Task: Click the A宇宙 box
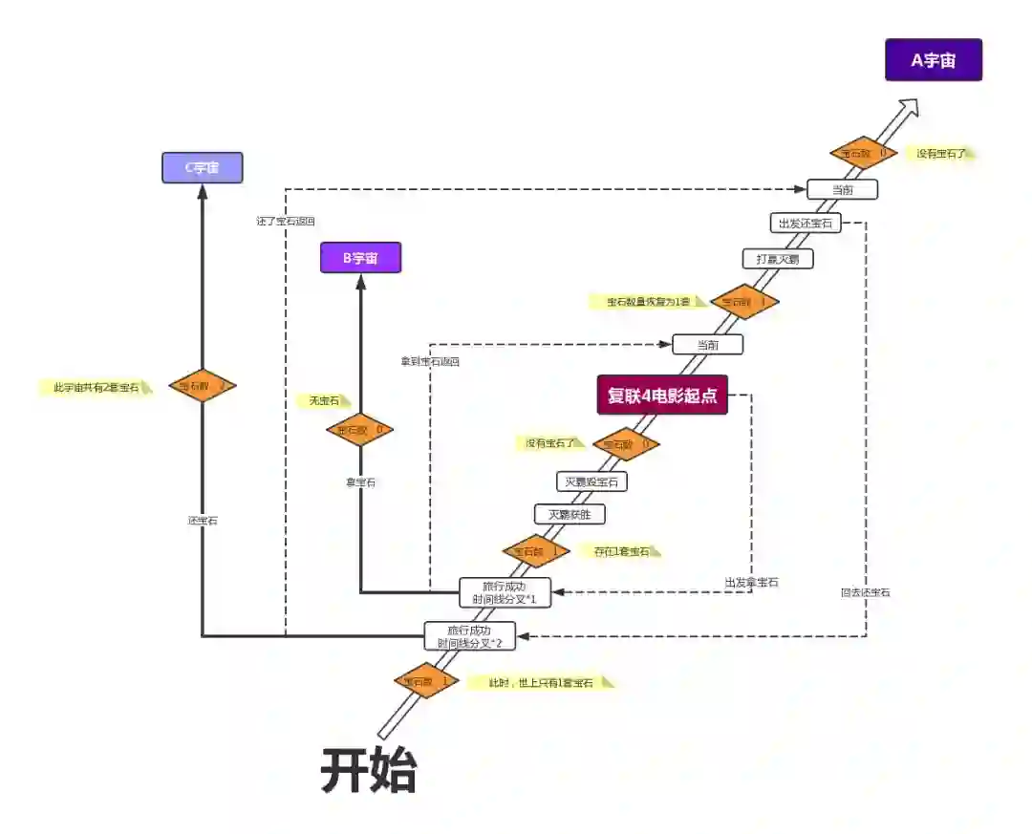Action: [x=933, y=60]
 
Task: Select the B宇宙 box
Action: [x=360, y=258]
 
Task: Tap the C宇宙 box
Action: [x=202, y=167]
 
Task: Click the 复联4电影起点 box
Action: [x=662, y=395]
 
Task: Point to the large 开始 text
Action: [x=369, y=770]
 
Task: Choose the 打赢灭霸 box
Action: [x=778, y=259]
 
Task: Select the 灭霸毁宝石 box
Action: [x=591, y=481]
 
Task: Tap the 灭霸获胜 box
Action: [x=570, y=515]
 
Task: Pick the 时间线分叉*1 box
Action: [x=505, y=592]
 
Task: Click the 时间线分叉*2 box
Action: [x=470, y=636]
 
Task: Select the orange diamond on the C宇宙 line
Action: [x=202, y=386]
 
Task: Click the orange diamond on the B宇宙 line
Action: [x=359, y=430]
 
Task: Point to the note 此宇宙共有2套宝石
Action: [x=96, y=388]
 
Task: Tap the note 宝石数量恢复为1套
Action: [x=648, y=302]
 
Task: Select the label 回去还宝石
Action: [x=865, y=592]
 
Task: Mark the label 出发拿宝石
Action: [x=751, y=582]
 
